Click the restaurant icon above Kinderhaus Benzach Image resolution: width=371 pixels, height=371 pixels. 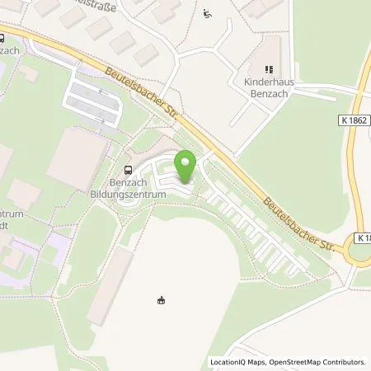[x=267, y=70]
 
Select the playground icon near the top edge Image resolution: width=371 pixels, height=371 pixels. [x=207, y=13]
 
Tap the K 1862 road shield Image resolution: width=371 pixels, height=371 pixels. [x=354, y=120]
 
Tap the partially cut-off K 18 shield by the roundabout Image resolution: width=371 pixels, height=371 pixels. [x=364, y=237]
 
